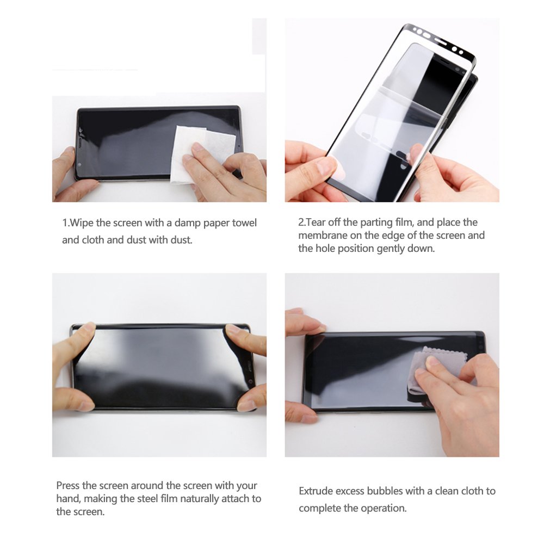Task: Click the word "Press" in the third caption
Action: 69,485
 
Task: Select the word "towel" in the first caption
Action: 244,223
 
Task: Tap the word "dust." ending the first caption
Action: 181,240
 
